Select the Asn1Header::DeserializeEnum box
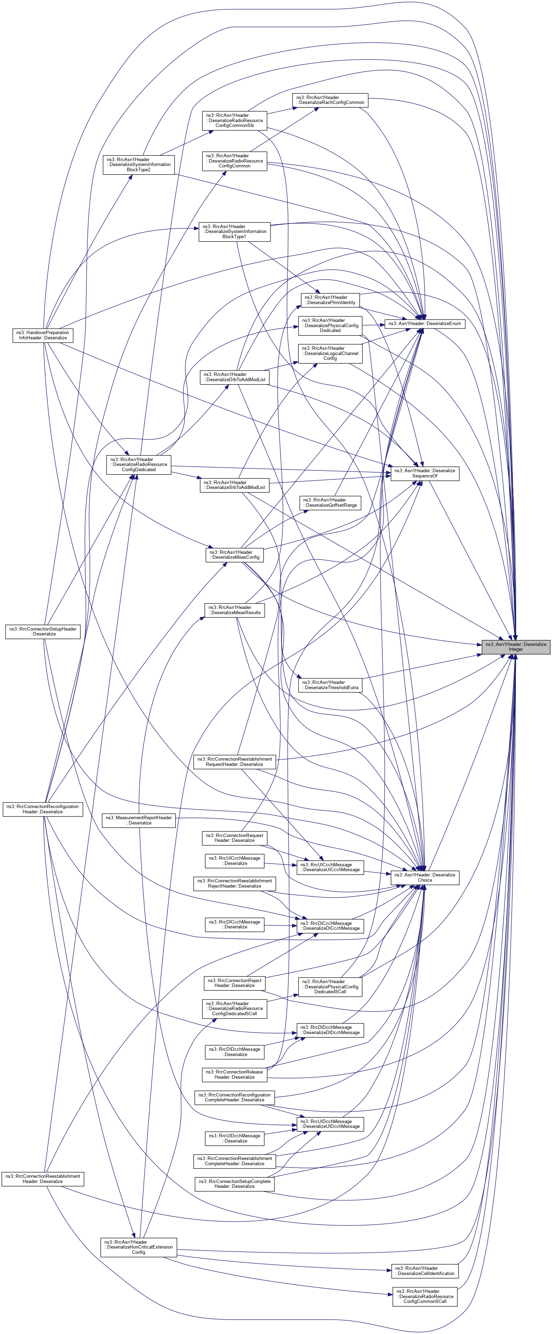(x=424, y=324)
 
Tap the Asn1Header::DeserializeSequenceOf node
(x=424, y=473)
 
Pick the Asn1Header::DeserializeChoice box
(x=424, y=877)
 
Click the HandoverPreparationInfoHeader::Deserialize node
(x=43, y=335)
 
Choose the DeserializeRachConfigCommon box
(x=330, y=100)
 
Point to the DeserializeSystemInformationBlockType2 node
(x=139, y=165)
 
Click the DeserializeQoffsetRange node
(x=330, y=502)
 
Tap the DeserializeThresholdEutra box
(x=330, y=685)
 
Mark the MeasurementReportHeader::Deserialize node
(x=139, y=820)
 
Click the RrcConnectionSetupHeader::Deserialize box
(x=43, y=631)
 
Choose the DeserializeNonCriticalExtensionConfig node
(x=139, y=1247)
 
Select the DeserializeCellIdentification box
(x=424, y=1271)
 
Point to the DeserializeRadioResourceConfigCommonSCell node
(x=424, y=1296)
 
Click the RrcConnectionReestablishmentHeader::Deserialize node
(x=43, y=1179)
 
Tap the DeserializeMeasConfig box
(x=234, y=555)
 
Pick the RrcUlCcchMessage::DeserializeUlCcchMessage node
(x=330, y=867)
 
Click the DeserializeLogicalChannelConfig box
(x=330, y=353)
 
